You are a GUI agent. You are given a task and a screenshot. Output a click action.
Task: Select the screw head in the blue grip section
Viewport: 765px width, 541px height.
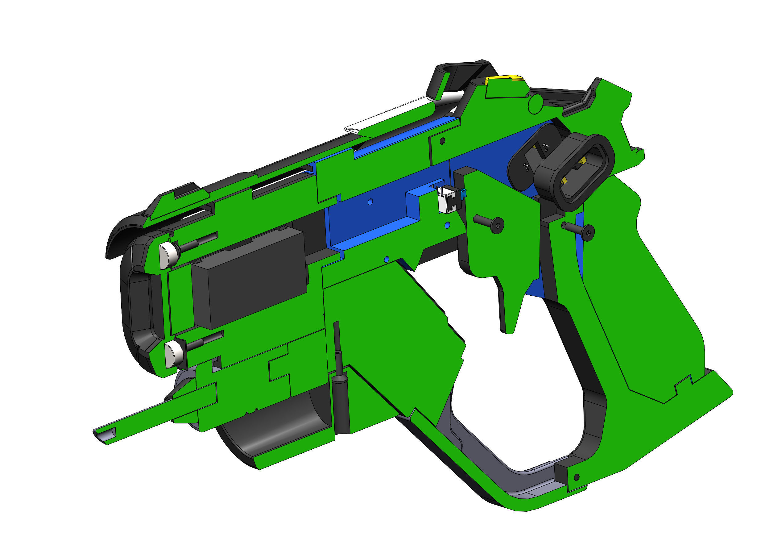(588, 232)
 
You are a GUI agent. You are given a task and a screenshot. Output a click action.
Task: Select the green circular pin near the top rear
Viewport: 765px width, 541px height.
(535, 104)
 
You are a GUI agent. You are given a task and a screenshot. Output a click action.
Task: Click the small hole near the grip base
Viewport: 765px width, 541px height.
(577, 477)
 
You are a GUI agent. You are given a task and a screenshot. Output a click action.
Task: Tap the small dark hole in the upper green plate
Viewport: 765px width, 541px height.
(442, 141)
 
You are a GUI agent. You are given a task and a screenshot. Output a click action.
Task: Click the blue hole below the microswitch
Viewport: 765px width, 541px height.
(448, 226)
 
